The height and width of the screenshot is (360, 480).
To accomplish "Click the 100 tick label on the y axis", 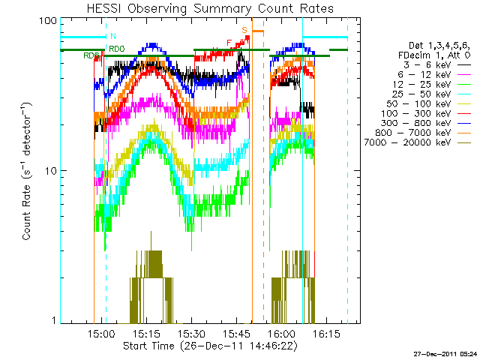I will coord(48,21).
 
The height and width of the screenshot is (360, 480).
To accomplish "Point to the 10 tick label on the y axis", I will coord(51,171).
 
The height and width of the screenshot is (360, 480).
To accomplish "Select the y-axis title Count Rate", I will coord(28,172).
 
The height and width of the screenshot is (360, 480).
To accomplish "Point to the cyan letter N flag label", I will coord(112,36).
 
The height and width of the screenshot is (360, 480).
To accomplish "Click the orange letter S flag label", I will coord(244,29).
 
